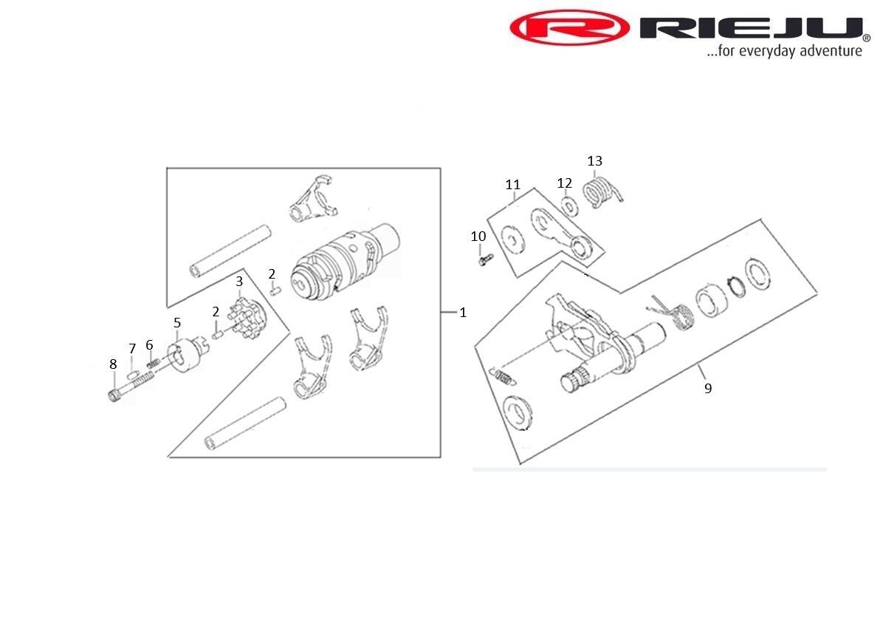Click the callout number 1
coord(463,313)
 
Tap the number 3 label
coord(239,282)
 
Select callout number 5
coord(177,323)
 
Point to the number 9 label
coord(707,388)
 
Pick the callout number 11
coord(513,185)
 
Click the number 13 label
coord(594,161)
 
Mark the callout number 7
coord(132,349)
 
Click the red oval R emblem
coord(569,29)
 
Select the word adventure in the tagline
coord(831,52)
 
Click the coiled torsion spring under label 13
coord(602,193)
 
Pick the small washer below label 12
coord(567,205)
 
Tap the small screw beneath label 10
coord(484,260)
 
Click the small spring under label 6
coord(153,361)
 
